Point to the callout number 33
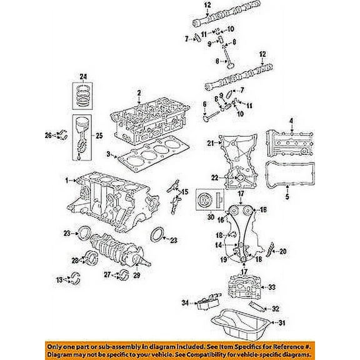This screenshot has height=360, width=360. click(x=271, y=287)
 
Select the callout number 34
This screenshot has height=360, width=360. click(x=184, y=303)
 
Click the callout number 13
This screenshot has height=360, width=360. click(x=60, y=279)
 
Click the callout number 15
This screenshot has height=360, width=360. click(x=184, y=191)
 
